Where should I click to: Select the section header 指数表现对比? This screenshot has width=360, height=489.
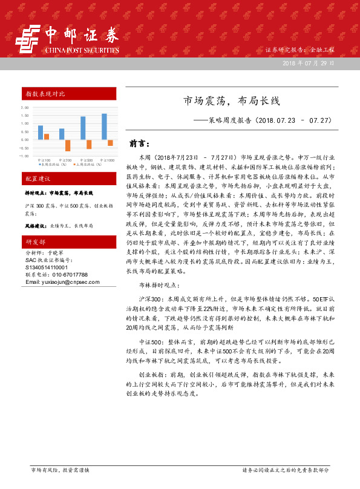[45, 94]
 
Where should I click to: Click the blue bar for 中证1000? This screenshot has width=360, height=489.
[104, 126]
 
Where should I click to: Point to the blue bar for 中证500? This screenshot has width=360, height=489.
[83, 128]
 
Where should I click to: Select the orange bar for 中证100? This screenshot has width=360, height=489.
[47, 137]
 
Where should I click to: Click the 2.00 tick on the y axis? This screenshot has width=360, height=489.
[25, 108]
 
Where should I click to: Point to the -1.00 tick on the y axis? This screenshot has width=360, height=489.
[24, 156]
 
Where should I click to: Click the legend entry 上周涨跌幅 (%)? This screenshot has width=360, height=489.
[87, 164]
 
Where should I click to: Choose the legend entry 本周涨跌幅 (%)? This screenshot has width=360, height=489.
[53, 164]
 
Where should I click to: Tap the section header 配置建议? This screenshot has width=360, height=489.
[40, 180]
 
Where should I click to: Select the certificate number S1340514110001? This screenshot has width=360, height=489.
[47, 266]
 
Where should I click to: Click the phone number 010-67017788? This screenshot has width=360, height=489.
[65, 274]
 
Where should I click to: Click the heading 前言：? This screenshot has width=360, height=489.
[140, 144]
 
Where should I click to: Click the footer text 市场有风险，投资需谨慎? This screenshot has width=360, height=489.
[60, 470]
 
